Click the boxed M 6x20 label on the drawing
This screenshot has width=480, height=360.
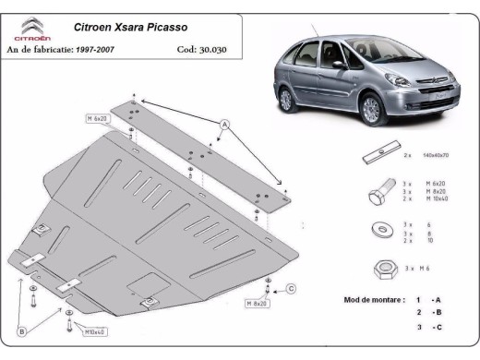tap(98, 119)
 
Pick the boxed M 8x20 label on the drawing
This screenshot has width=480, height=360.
tap(257, 303)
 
